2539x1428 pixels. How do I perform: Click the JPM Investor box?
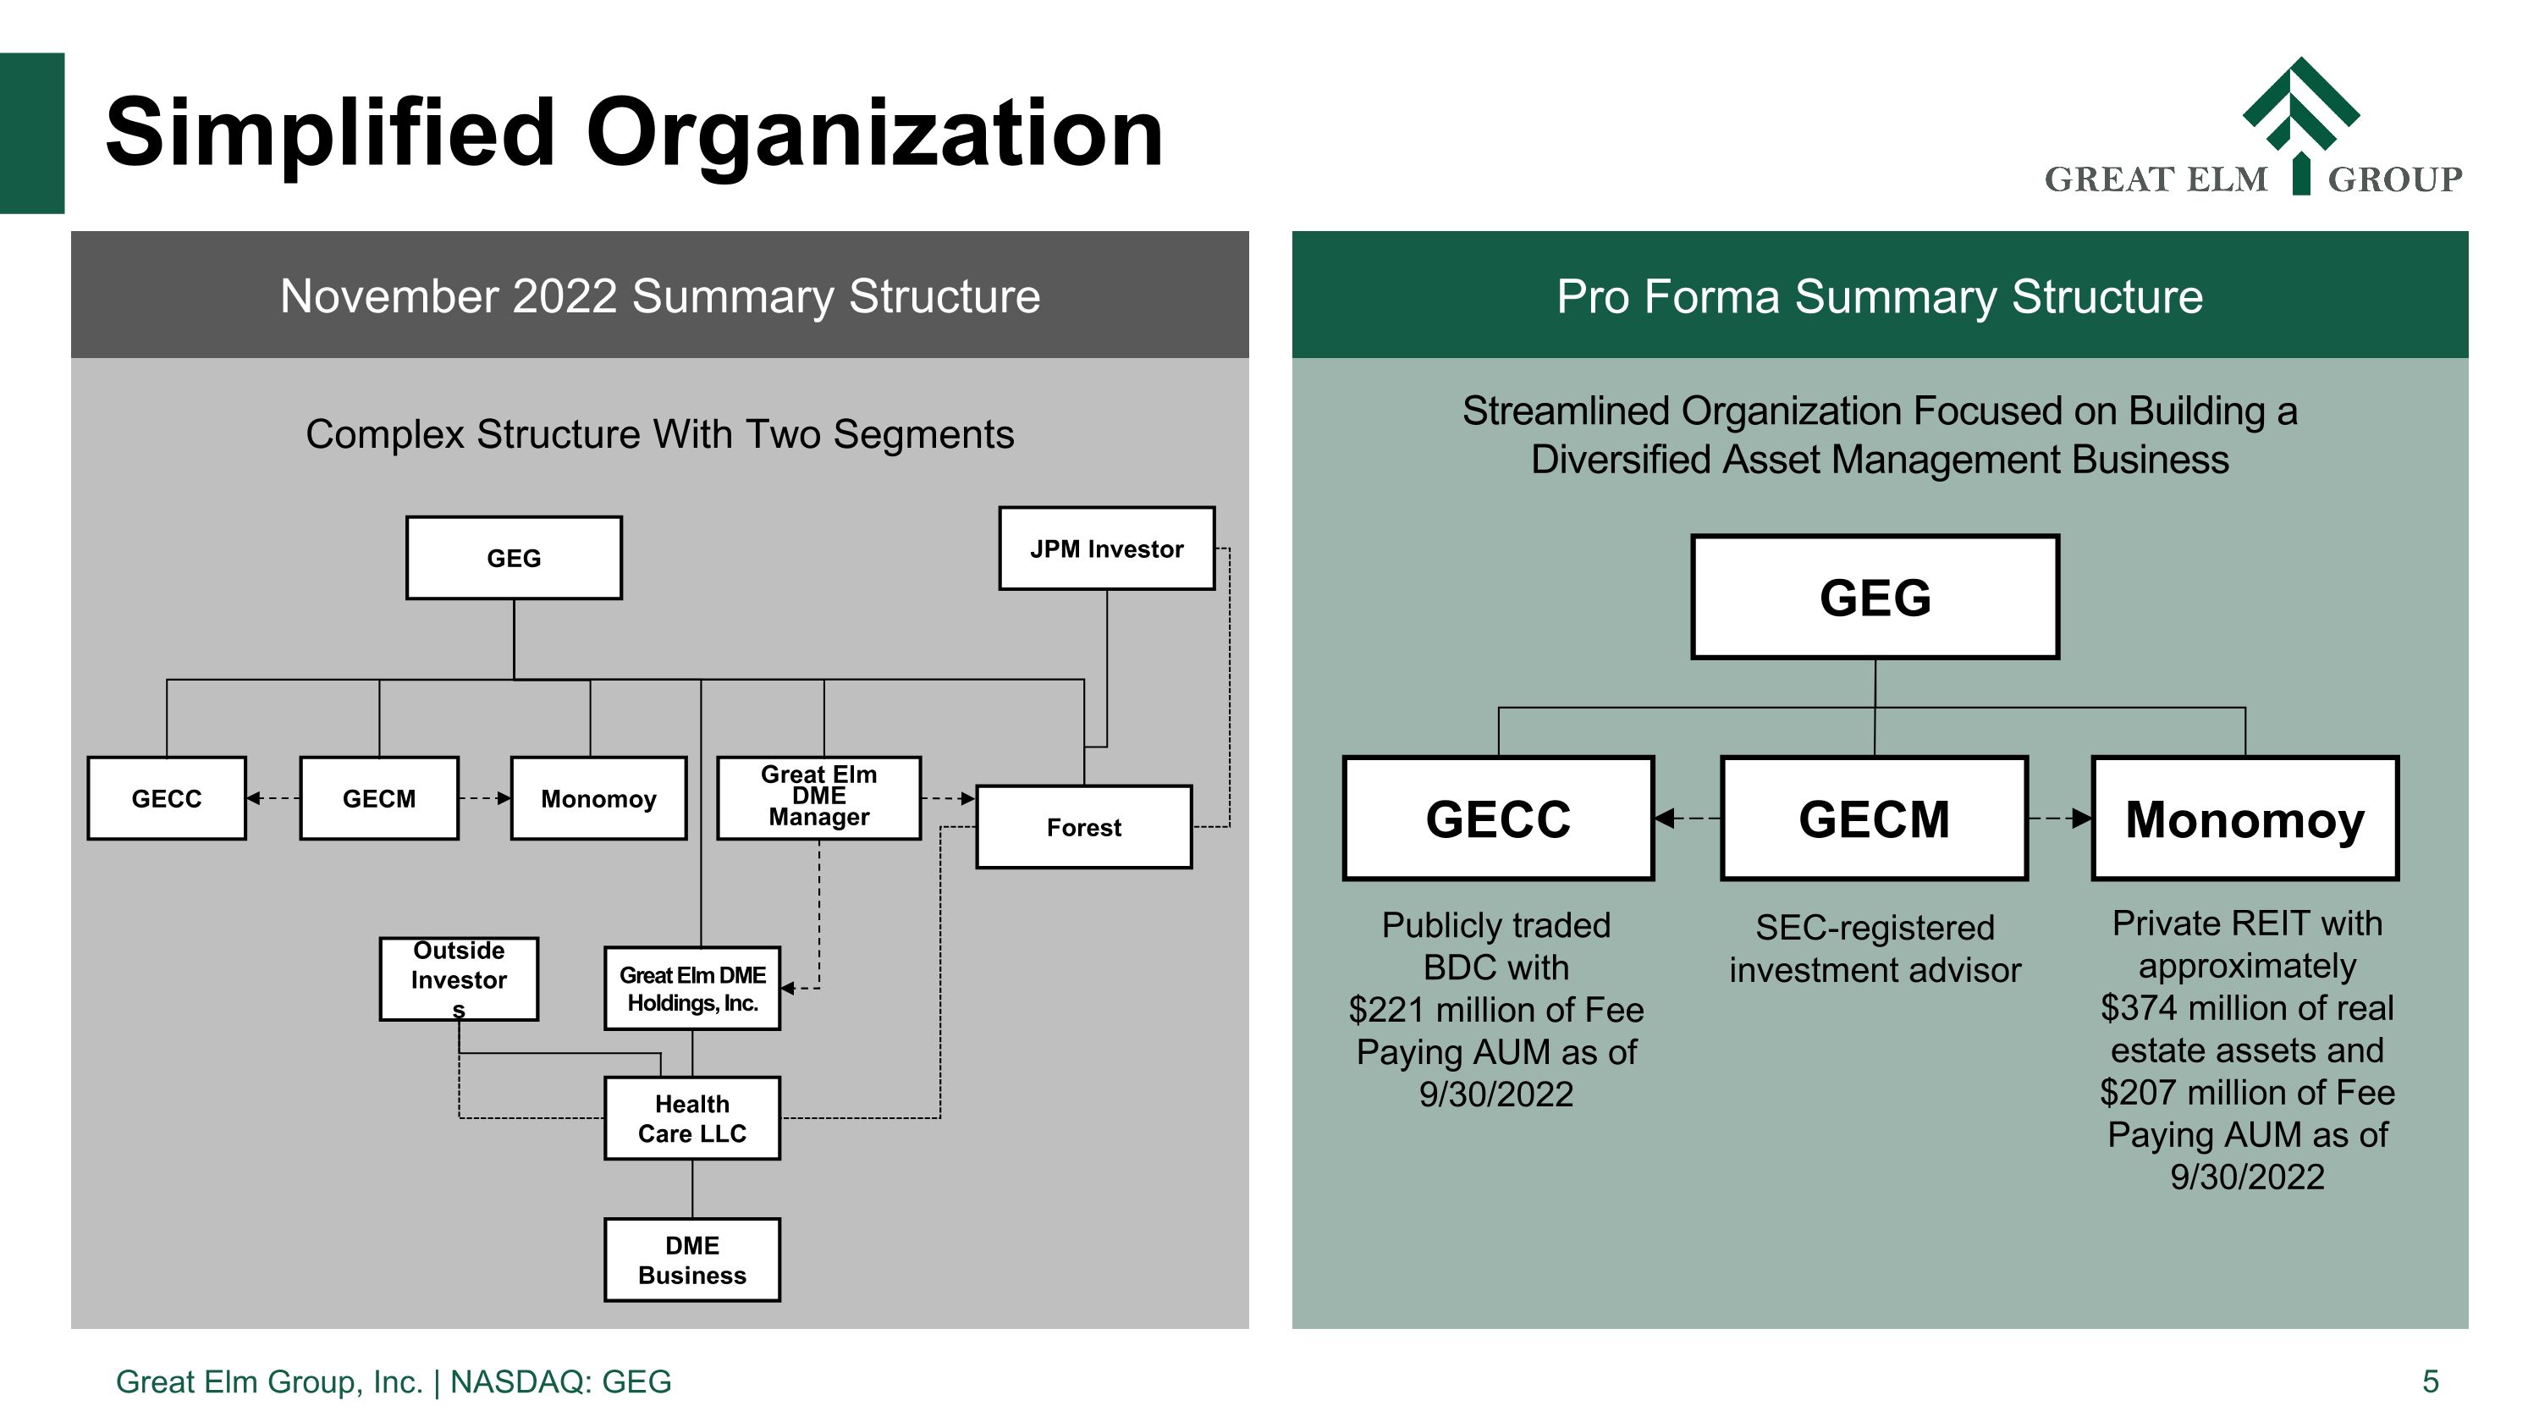coord(1106,549)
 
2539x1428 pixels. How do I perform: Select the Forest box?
coord(1083,827)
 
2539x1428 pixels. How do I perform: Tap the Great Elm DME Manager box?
coord(818,797)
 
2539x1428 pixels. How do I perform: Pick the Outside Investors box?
coord(459,978)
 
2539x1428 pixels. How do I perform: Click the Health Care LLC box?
coord(692,1117)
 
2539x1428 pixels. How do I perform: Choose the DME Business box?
coord(692,1260)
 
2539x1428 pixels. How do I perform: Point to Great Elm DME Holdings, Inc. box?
coord(692,989)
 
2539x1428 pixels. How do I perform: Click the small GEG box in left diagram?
coord(514,558)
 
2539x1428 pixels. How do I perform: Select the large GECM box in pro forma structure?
coord(1874,818)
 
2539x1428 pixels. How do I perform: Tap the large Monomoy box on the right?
coord(2244,818)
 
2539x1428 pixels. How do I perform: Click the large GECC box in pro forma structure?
coord(1497,818)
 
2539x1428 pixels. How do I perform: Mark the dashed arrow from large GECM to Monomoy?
coord(2059,818)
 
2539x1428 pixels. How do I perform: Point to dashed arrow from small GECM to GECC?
coord(273,798)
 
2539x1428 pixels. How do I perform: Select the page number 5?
coord(2430,1381)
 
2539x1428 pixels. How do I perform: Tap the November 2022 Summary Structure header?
coord(659,295)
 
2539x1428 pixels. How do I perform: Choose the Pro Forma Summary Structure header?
coord(1879,295)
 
